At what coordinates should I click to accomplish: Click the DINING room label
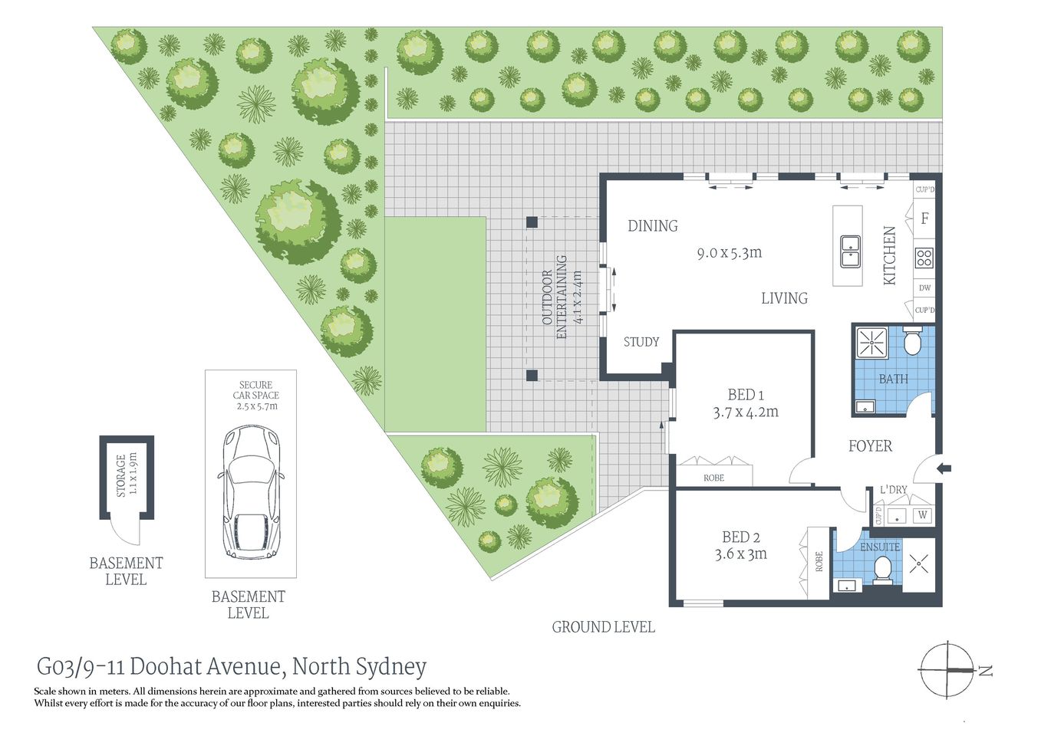click(652, 226)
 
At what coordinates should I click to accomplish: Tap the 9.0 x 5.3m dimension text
click(729, 253)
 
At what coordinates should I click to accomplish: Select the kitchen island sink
click(849, 251)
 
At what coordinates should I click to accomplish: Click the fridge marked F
click(924, 219)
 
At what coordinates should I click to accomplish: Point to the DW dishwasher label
click(924, 288)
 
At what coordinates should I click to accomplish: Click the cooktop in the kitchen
click(924, 258)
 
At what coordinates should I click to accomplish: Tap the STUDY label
click(641, 342)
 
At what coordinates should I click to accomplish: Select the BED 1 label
click(746, 395)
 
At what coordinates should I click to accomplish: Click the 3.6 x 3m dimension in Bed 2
click(740, 554)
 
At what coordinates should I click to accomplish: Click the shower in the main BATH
click(871, 343)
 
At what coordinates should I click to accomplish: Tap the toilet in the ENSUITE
click(883, 569)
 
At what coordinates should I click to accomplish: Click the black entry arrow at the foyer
click(944, 468)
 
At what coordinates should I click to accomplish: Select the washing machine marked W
click(922, 515)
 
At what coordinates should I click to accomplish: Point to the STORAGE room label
click(121, 475)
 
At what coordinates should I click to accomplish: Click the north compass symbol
click(949, 670)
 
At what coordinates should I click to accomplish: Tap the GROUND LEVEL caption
click(603, 627)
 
